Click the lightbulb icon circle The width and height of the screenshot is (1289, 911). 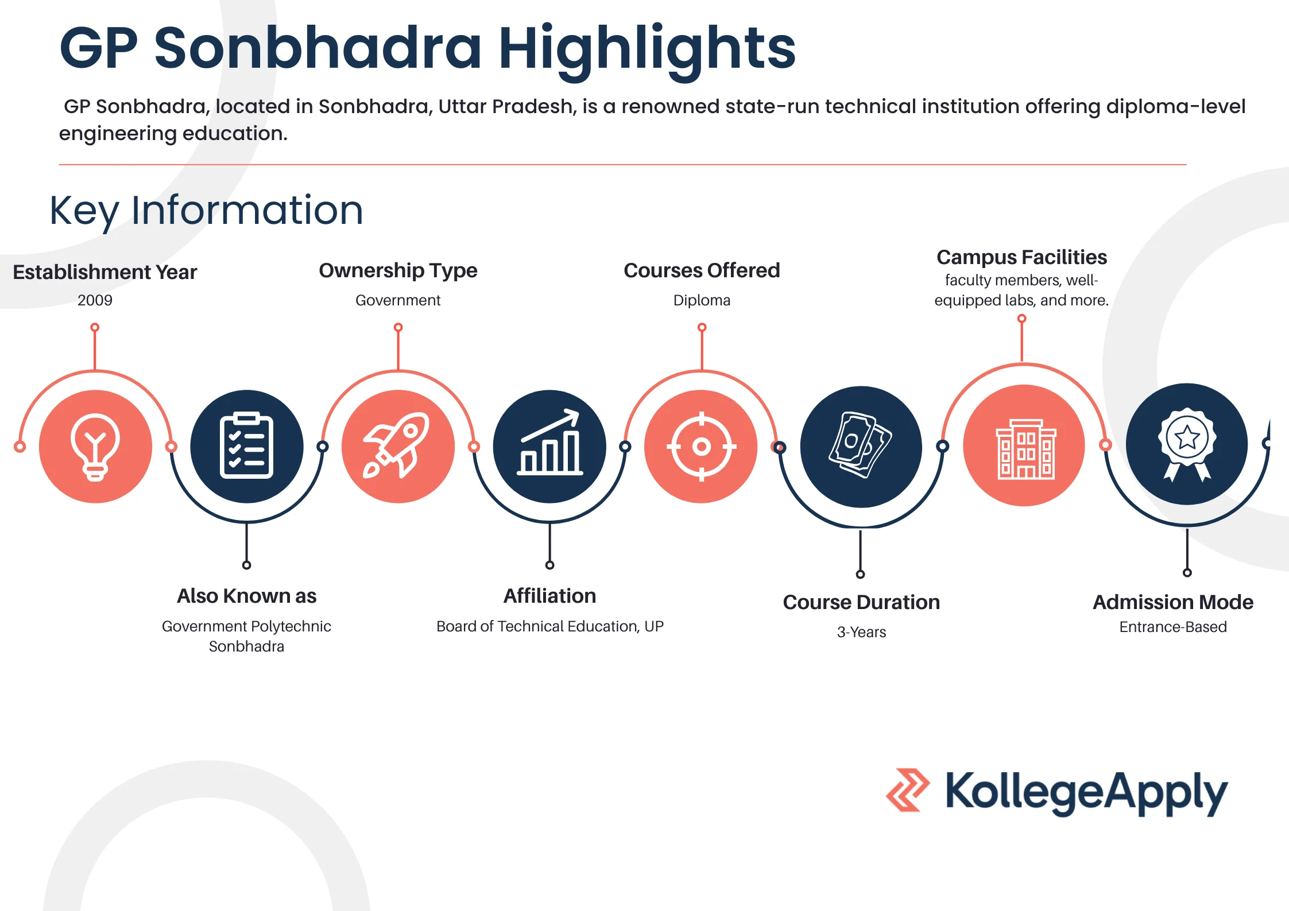tap(95, 447)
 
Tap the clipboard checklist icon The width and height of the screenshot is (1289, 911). tap(247, 447)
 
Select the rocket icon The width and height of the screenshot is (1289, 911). tap(398, 447)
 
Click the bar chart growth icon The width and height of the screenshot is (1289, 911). tap(549, 447)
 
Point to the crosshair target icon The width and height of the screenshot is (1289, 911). tap(701, 447)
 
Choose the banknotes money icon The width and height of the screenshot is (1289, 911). tap(861, 447)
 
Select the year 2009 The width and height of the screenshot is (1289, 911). tap(95, 300)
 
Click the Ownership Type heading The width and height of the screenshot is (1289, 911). tap(398, 270)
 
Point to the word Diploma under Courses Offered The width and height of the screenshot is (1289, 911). tap(702, 300)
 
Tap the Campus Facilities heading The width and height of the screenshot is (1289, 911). tap(1021, 257)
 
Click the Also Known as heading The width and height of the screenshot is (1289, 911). tap(246, 596)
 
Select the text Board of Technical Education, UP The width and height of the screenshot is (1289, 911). tap(549, 626)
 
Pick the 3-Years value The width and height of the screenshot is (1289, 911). tap(861, 632)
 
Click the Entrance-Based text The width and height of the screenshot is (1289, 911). tap(1172, 627)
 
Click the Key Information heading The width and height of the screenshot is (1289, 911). tap(206, 210)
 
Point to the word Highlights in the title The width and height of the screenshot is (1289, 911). tap(647, 48)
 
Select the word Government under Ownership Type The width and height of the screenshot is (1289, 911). tap(398, 300)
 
